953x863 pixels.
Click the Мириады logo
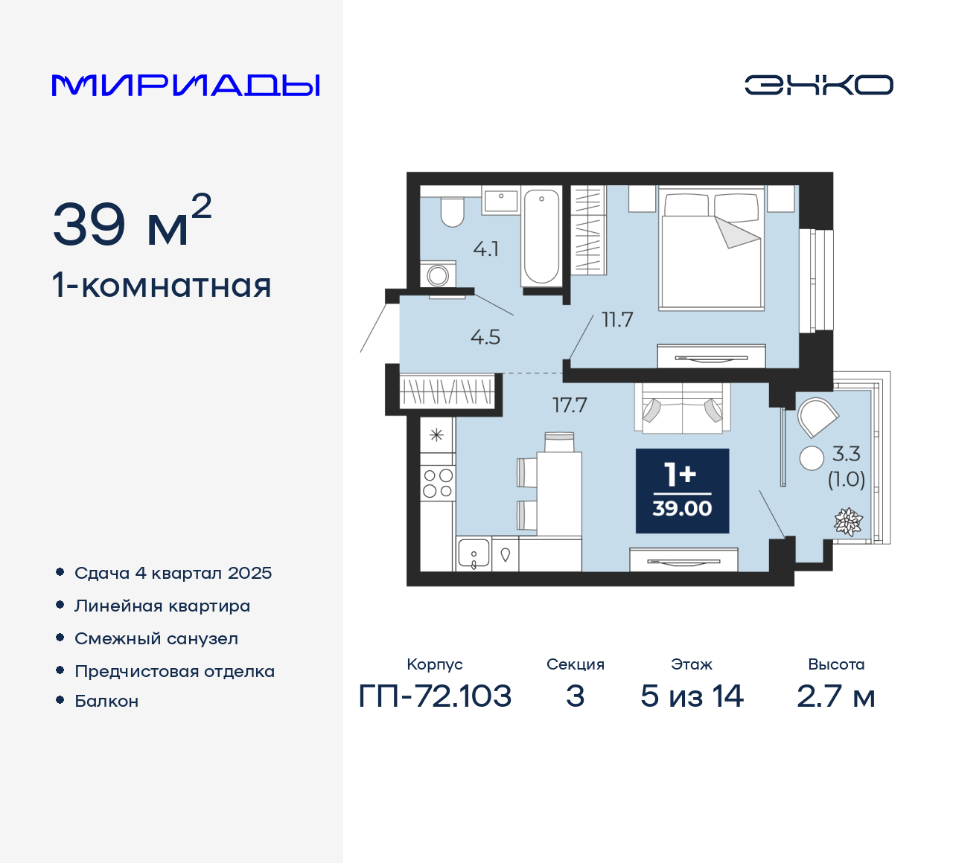pyautogui.click(x=186, y=86)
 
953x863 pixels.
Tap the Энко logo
pyautogui.click(x=819, y=85)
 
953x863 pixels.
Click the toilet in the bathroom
pyautogui.click(x=452, y=211)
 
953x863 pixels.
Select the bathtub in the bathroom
pyautogui.click(x=541, y=237)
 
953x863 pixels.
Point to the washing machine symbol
pyautogui.click(x=438, y=275)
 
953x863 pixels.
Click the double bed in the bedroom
pyautogui.click(x=711, y=249)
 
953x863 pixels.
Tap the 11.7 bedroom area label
pyautogui.click(x=617, y=320)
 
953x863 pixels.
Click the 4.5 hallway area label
pyautogui.click(x=485, y=338)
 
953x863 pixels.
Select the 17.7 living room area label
pyautogui.click(x=570, y=405)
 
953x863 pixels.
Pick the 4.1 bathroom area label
pyautogui.click(x=486, y=249)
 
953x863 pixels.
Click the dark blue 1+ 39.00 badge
pyautogui.click(x=682, y=491)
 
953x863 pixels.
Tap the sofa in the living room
pyautogui.click(x=683, y=408)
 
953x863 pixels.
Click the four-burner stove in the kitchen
pyautogui.click(x=438, y=483)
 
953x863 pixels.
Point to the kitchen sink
pyautogui.click(x=474, y=554)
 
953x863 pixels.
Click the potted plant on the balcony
pyautogui.click(x=847, y=522)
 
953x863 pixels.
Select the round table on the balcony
pyautogui.click(x=812, y=458)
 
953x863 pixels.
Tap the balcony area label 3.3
pyautogui.click(x=847, y=454)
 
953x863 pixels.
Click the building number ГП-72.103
pyautogui.click(x=435, y=696)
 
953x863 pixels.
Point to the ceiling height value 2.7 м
pyautogui.click(x=835, y=696)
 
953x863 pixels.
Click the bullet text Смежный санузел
pyautogui.click(x=156, y=638)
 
